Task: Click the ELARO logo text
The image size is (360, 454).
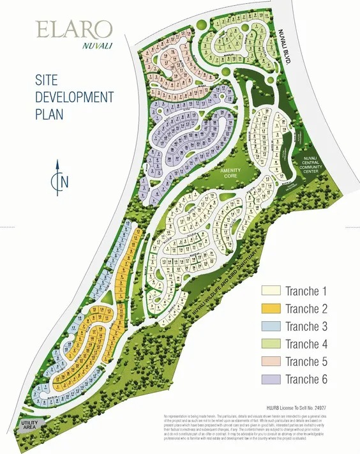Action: click(74, 31)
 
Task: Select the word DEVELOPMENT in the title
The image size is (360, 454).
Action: click(74, 98)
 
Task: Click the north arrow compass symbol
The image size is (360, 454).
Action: click(59, 178)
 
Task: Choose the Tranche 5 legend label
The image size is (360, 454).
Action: click(310, 362)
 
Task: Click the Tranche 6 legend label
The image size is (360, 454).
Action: click(310, 379)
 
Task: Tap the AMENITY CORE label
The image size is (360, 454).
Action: click(230, 175)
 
